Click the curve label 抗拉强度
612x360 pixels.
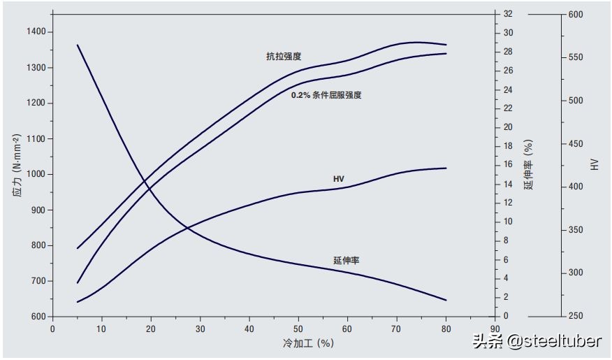[284, 57]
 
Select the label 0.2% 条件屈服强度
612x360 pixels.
[326, 94]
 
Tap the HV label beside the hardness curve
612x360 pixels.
[339, 180]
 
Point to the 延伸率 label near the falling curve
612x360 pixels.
[347, 260]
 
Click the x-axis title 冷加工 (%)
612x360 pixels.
[307, 343]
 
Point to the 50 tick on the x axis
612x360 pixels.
[299, 329]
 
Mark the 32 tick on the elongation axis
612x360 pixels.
[508, 14]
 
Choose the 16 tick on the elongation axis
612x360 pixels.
[508, 165]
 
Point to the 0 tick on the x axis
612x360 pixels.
[52, 329]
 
